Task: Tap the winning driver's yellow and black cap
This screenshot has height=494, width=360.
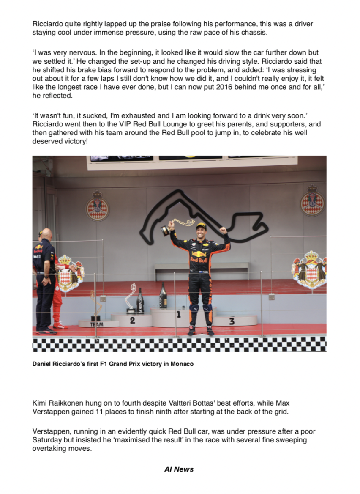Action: tap(202, 226)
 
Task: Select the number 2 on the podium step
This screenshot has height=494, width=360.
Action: tap(132, 321)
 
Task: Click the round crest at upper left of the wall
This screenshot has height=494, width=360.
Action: tap(97, 207)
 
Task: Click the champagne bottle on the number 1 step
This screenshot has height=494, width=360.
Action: tap(163, 296)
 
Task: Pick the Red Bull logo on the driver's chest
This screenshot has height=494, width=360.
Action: tap(199, 258)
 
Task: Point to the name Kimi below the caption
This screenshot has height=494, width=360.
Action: tap(39, 403)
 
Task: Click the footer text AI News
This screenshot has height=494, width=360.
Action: tap(179, 469)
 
